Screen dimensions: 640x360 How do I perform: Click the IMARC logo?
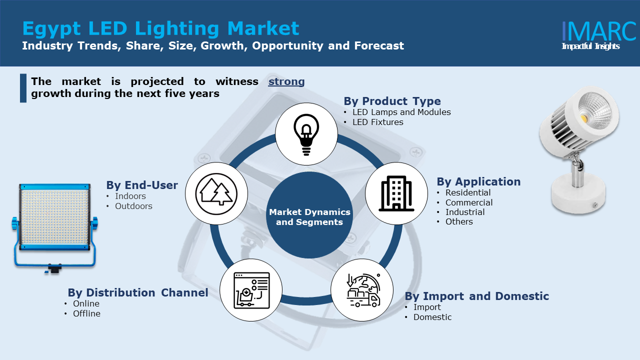pos(598,35)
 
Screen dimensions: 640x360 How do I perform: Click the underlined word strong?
pos(286,81)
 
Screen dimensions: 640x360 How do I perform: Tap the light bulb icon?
pos(306,134)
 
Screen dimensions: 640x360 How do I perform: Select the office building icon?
pos(396,193)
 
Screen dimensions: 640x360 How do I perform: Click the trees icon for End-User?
pos(216,193)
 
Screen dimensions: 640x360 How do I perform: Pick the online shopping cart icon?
pos(251,290)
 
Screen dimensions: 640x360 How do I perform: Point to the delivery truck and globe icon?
pos(363,290)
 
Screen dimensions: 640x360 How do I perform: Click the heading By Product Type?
pos(392,101)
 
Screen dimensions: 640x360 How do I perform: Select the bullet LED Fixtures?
pos(377,122)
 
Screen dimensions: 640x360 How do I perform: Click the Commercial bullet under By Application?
pos(469,202)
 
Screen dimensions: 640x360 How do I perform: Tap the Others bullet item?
pos(459,221)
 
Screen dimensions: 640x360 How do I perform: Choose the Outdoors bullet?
pos(133,206)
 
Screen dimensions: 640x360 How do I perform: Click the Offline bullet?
pos(86,313)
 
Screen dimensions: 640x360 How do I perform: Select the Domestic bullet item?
pos(432,317)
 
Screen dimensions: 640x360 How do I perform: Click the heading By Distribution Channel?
pos(138,293)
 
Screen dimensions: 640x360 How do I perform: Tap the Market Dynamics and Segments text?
pos(309,217)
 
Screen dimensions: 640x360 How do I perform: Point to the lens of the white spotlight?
pos(595,110)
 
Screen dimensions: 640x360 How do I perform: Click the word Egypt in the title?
pos(51,29)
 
